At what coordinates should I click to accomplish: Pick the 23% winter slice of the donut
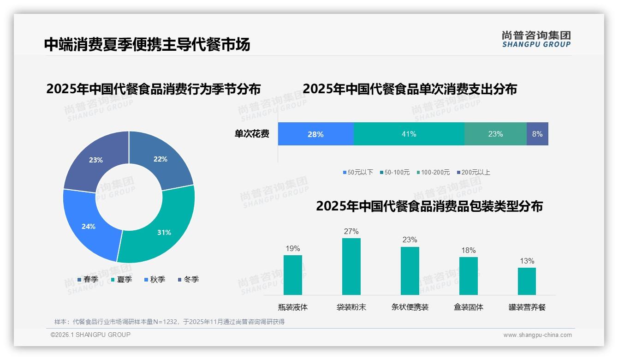point(95,159)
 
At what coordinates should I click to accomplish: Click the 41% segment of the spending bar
point(409,134)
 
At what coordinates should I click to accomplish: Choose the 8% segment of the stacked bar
point(537,134)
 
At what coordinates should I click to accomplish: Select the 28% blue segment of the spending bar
point(315,134)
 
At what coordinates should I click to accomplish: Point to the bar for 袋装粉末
point(351,266)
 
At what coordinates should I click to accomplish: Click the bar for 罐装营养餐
point(527,281)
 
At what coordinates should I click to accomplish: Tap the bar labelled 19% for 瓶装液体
point(292,275)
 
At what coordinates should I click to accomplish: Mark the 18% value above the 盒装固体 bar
point(468,250)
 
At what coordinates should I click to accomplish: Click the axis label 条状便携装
point(410,307)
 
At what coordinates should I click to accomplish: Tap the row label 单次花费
point(252,134)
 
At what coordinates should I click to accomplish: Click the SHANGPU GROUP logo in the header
point(536,39)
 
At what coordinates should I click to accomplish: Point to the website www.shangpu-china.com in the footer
point(537,335)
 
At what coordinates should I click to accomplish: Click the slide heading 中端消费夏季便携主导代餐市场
point(147,44)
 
